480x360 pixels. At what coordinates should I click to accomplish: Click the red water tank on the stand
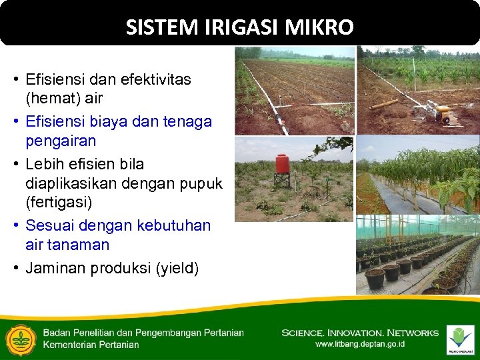(x=283, y=164)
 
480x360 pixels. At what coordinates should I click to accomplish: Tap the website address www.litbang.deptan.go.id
(x=359, y=344)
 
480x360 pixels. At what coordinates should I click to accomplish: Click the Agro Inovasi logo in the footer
(x=460, y=339)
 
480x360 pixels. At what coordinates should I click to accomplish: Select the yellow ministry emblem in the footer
(x=21, y=339)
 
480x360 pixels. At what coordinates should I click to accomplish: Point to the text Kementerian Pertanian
(x=91, y=345)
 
